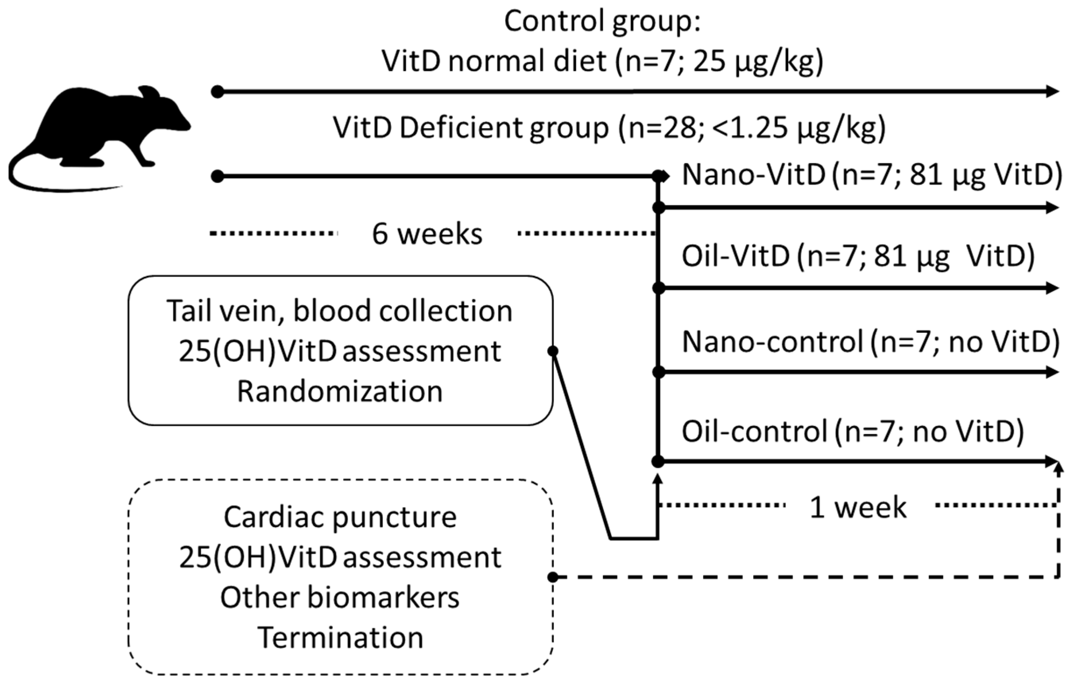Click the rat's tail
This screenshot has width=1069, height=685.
tap(27, 180)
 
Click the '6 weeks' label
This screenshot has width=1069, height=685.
tap(427, 234)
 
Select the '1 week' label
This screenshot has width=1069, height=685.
tap(858, 507)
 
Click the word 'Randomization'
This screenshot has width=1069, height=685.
tap(340, 392)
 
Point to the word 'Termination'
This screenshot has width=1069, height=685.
tap(340, 638)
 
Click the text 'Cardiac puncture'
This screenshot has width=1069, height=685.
tap(340, 517)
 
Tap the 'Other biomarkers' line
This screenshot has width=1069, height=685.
tap(340, 597)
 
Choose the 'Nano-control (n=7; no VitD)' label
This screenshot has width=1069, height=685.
tap(871, 342)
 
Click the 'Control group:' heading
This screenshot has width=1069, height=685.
tap(602, 21)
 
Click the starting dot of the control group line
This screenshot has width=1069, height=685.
tap(217, 92)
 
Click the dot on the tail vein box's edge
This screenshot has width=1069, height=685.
tap(553, 351)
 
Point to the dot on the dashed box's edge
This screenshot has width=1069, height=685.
tap(553, 577)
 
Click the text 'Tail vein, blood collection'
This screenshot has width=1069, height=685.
tap(340, 311)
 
